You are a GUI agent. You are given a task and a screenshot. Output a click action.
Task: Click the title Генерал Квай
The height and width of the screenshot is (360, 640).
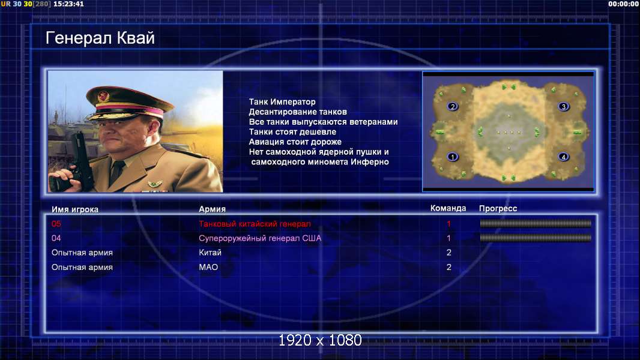[x=100, y=38]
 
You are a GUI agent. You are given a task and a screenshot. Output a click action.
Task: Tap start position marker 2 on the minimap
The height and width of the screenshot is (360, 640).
[x=452, y=107]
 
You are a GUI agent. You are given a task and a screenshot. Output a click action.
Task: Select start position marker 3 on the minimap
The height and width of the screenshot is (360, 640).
[x=563, y=107]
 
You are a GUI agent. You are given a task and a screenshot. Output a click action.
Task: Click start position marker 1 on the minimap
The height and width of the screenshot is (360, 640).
[x=452, y=157]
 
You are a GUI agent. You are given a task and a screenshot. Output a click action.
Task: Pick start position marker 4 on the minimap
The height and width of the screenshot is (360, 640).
[x=563, y=157]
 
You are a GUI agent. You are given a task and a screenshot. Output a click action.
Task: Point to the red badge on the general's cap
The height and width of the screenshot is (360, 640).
[x=103, y=97]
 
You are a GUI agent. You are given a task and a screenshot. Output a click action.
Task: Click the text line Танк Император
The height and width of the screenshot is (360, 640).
[x=282, y=102]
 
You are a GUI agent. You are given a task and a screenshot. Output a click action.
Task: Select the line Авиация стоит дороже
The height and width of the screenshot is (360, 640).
[x=295, y=142]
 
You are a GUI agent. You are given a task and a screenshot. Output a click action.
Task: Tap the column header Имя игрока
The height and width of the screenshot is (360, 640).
[x=74, y=209]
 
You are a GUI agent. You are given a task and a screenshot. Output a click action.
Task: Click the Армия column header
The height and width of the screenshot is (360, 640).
[x=213, y=209]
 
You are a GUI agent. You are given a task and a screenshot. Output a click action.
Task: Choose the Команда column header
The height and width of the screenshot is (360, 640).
[x=448, y=208]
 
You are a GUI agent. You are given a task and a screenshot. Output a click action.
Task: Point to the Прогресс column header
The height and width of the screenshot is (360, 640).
[x=498, y=209]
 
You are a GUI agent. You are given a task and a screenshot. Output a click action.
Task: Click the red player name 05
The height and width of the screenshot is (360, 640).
[x=56, y=224]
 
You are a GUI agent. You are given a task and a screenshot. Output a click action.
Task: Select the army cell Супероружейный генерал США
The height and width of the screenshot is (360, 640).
[x=260, y=238]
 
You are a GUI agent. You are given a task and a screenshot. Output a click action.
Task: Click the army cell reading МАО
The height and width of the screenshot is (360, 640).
[x=208, y=268]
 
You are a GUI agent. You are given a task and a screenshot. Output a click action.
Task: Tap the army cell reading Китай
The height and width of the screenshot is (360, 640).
[x=210, y=253]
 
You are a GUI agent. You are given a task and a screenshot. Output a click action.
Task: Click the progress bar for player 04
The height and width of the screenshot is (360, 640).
[x=536, y=238]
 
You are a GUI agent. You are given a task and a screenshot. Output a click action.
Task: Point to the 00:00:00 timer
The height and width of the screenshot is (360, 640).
[x=623, y=4]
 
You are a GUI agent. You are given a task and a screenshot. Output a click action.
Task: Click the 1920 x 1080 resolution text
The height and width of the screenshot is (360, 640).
[x=320, y=340]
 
